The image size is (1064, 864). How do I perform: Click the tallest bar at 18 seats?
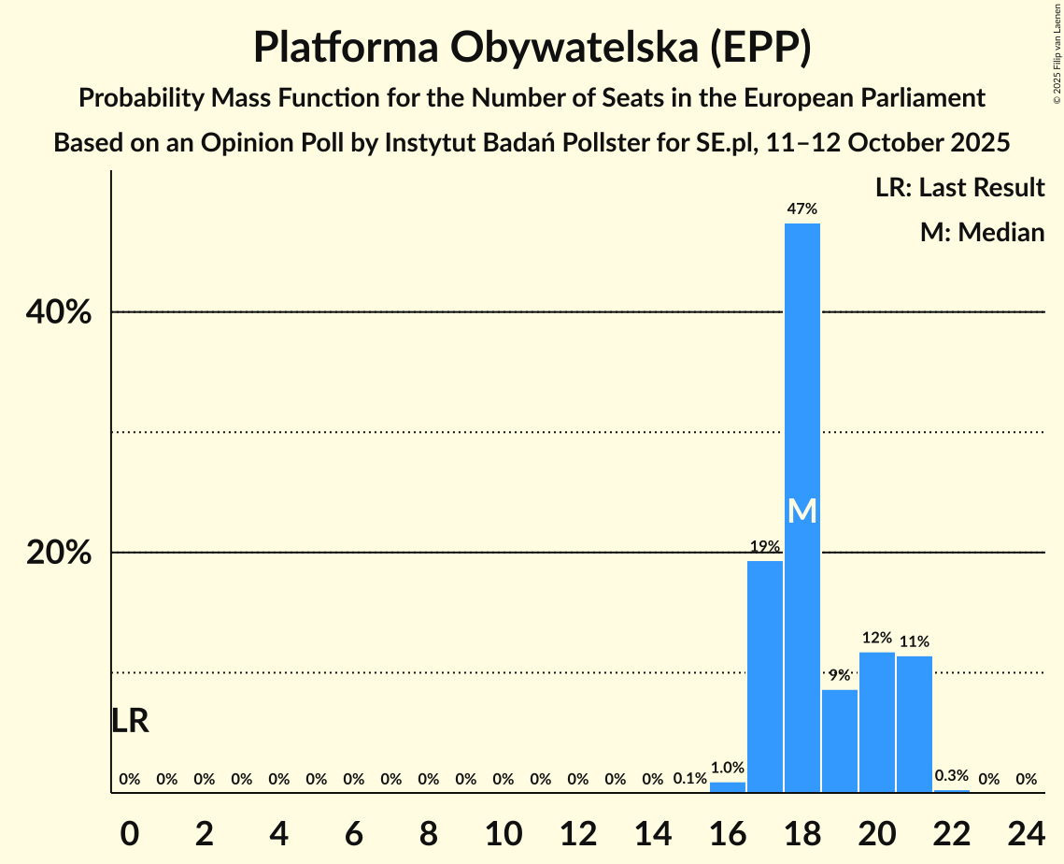click(x=802, y=374)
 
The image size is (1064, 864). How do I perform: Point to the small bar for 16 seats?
click(x=728, y=787)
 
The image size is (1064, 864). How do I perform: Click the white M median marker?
click(x=802, y=511)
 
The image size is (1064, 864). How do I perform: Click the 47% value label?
click(x=802, y=209)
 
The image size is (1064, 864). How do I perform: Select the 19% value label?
click(x=765, y=546)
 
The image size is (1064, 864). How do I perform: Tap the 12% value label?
click(x=877, y=638)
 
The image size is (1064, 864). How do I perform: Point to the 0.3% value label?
click(x=952, y=776)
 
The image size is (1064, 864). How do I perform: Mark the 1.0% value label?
click(x=728, y=768)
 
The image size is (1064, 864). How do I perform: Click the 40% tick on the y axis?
click(x=59, y=312)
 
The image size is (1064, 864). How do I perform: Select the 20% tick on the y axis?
click(x=59, y=553)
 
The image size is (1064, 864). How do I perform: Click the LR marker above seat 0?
click(x=130, y=721)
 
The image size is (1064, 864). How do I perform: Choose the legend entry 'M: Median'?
click(x=982, y=232)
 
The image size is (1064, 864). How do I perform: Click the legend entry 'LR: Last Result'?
click(x=959, y=188)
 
